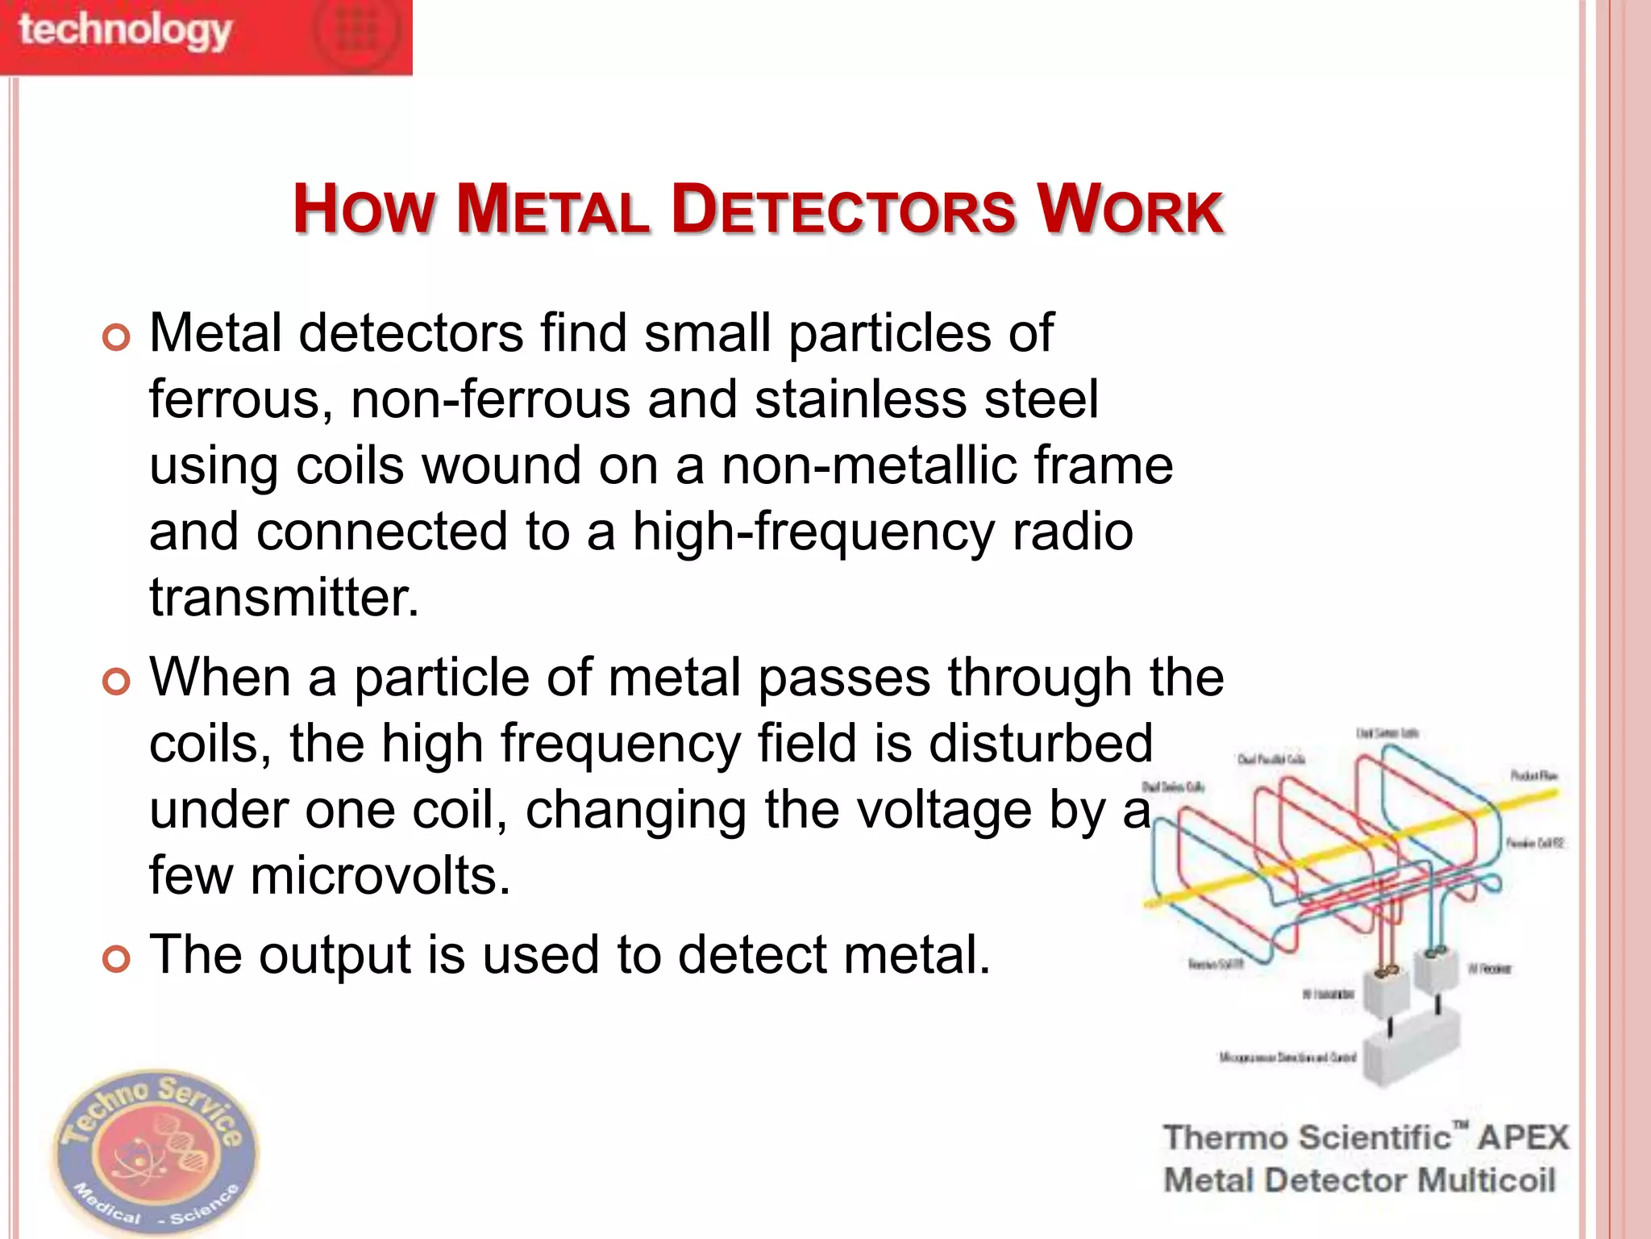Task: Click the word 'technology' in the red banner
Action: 125,31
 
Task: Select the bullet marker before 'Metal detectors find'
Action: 116,337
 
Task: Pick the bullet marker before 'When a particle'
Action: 116,682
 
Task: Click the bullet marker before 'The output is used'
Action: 116,959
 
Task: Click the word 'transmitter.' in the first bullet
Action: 285,598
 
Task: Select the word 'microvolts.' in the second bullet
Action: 381,876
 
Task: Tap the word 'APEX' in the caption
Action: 1523,1137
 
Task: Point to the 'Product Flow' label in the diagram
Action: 1533,776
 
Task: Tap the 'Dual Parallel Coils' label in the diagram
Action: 1270,759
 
